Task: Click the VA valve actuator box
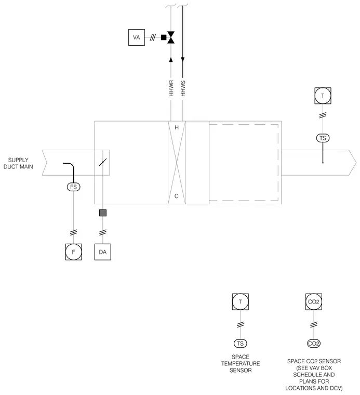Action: [137, 37]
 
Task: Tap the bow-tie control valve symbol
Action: [171, 37]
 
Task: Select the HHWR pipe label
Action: [171, 88]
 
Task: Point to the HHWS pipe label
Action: [183, 88]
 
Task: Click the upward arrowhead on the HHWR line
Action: [171, 59]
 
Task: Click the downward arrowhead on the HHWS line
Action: [183, 59]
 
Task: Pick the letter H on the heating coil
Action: [177, 127]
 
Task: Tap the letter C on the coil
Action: [177, 196]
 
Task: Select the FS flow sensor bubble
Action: [74, 187]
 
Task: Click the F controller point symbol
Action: [74, 252]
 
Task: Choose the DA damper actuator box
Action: [103, 252]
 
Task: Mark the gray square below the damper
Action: [103, 213]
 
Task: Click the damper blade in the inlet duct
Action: [103, 162]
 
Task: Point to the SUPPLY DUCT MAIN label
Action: [18, 163]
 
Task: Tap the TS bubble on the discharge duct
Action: [323, 138]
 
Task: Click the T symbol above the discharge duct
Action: [323, 96]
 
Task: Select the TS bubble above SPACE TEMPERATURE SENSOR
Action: [241, 344]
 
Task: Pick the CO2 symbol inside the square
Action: [314, 301]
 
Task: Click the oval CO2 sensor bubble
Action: [314, 344]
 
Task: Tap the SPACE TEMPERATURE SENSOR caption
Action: [241, 363]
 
